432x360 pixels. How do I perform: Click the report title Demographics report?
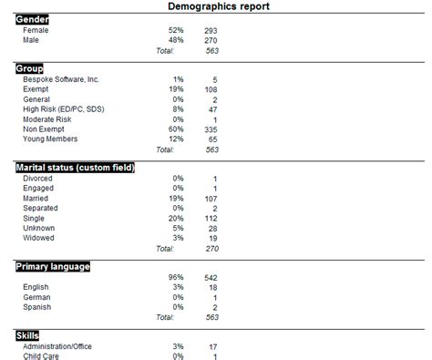(219, 6)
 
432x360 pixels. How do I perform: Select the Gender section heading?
(33, 19)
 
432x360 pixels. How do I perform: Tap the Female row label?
(36, 30)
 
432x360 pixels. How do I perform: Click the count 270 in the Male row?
(211, 40)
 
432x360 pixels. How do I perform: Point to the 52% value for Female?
(175, 30)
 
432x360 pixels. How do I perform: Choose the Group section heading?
(31, 68)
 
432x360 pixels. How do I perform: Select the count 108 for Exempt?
(211, 89)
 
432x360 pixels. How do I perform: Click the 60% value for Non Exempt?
(175, 129)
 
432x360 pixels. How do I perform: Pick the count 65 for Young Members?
(213, 139)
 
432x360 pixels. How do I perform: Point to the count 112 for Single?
(211, 218)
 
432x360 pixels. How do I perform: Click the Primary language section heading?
(53, 266)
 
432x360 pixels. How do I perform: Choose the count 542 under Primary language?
(211, 277)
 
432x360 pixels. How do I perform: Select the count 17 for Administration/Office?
(213, 346)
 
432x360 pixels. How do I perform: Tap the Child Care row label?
(42, 356)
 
